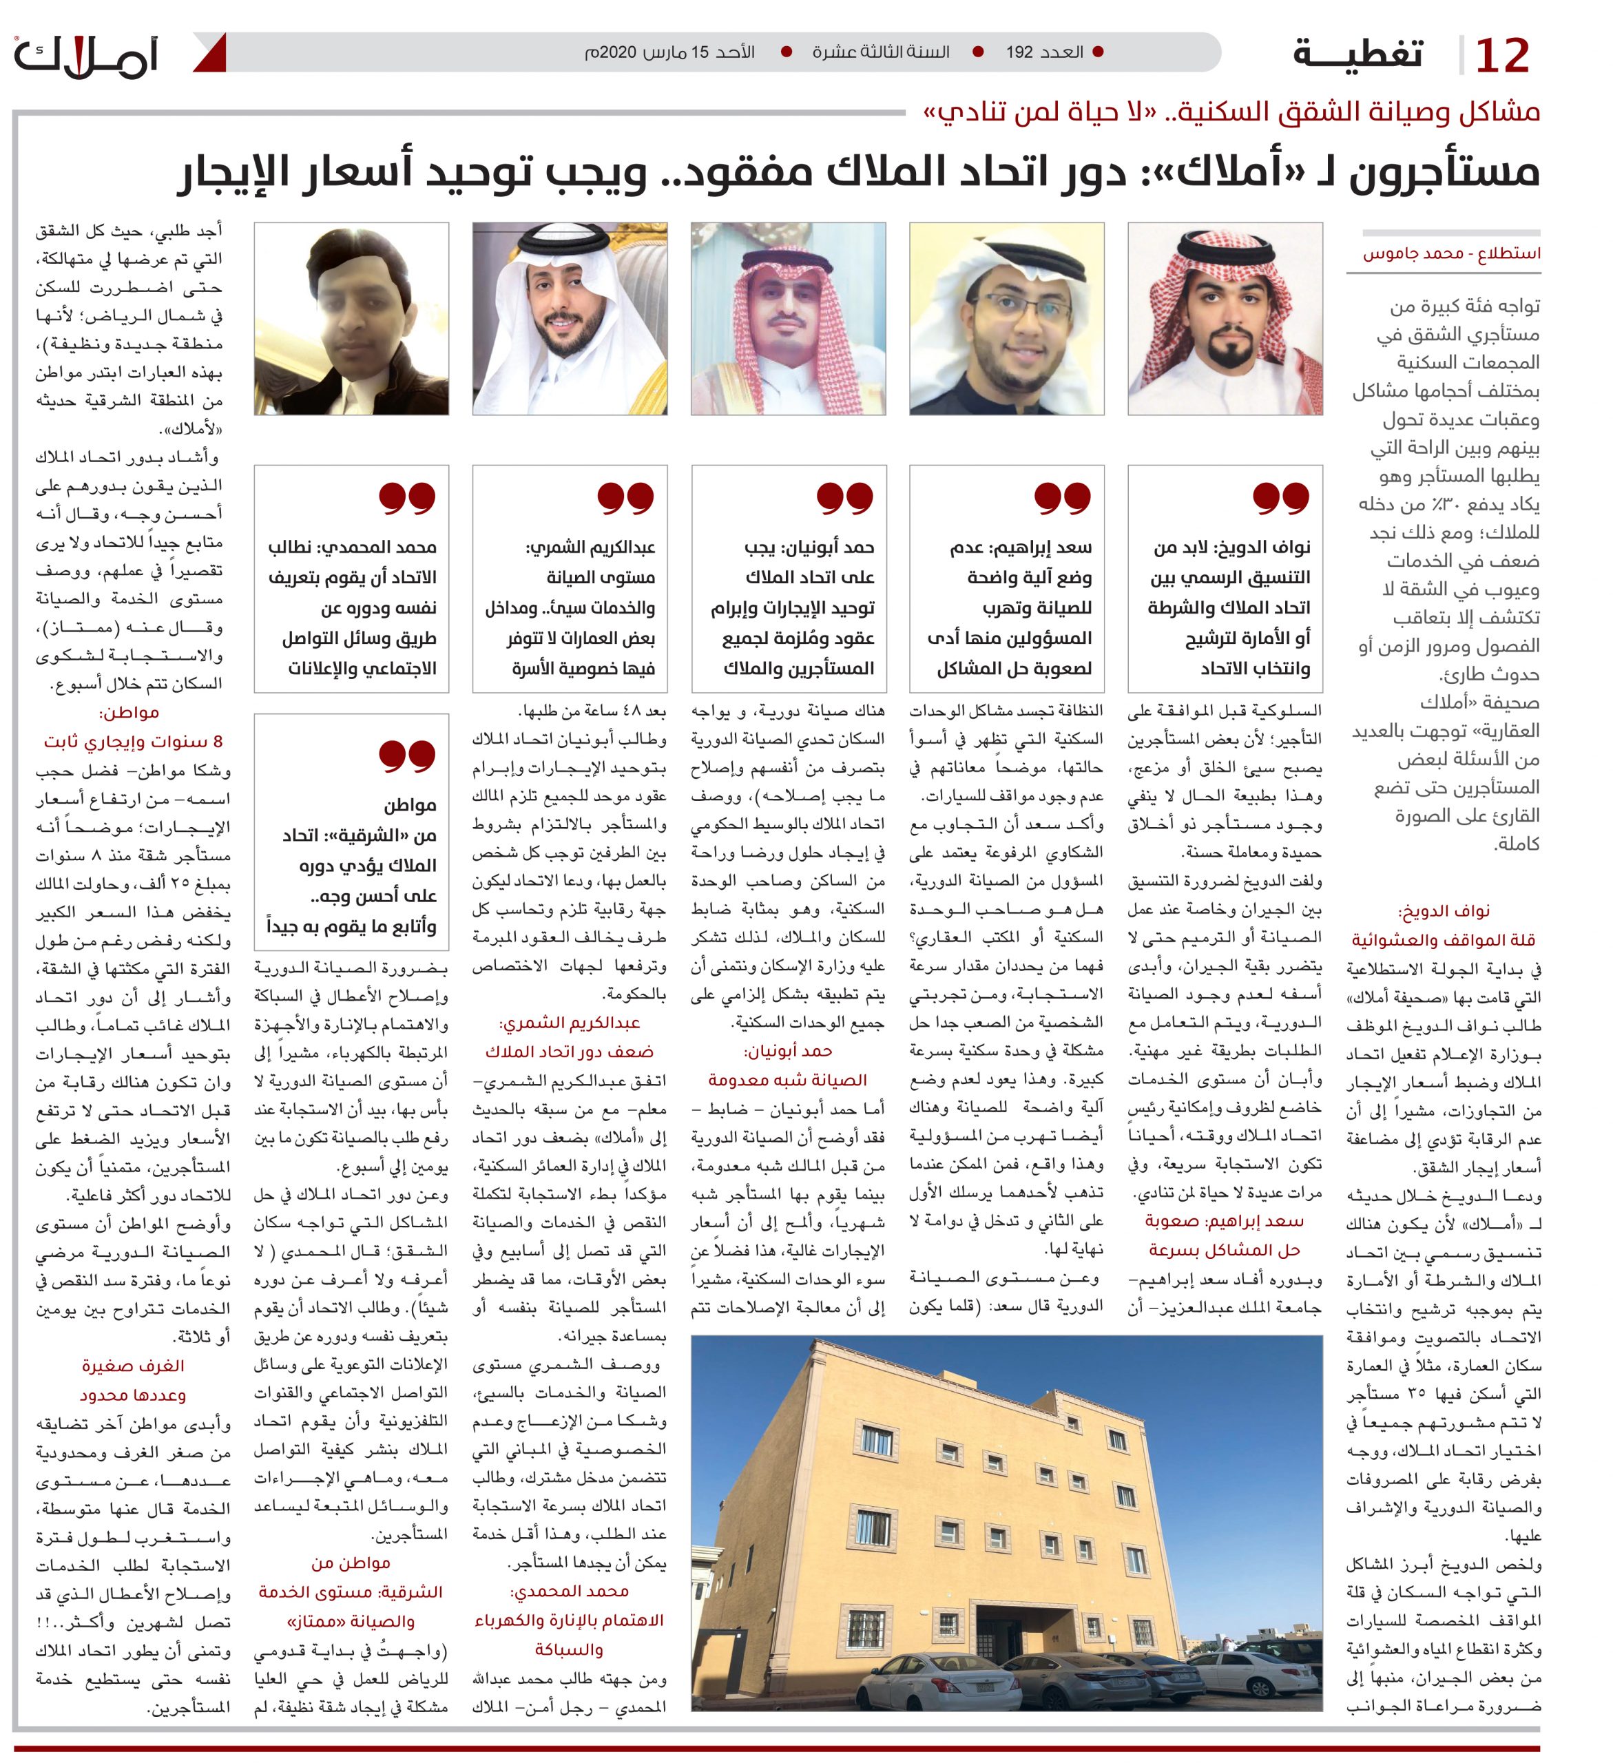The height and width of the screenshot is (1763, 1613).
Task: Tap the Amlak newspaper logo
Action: click(87, 56)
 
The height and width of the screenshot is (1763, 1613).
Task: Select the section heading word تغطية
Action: click(1358, 54)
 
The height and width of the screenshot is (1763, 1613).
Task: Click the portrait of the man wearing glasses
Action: click(1007, 319)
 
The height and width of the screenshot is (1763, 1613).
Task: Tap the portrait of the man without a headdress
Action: click(352, 319)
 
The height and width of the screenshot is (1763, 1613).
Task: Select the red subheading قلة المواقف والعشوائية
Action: click(1444, 941)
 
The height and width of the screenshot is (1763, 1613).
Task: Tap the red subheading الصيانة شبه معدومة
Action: click(788, 1080)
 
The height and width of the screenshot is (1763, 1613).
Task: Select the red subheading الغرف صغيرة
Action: click(133, 1366)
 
